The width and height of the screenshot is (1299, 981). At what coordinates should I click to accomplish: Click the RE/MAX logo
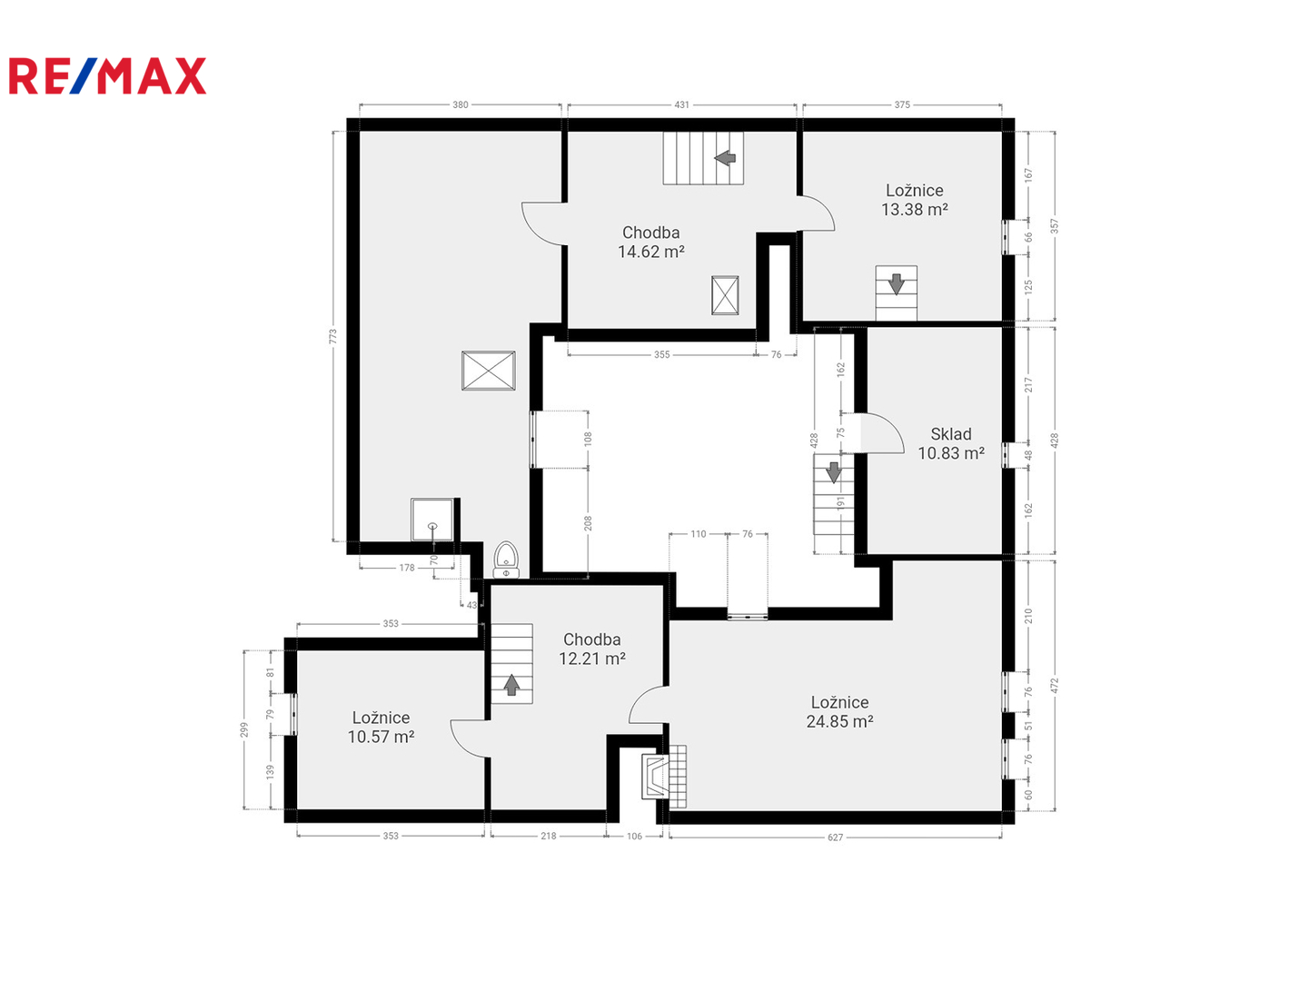pyautogui.click(x=107, y=75)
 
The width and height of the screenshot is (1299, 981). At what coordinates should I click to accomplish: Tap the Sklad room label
pyautogui.click(x=950, y=434)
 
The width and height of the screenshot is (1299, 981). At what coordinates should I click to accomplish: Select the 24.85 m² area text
pyautogui.click(x=839, y=721)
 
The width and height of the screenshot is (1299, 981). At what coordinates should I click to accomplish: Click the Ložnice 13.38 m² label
pyautogui.click(x=915, y=200)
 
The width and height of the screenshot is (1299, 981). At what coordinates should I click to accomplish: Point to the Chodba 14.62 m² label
pyautogui.click(x=651, y=242)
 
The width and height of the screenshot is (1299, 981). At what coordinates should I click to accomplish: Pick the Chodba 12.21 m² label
pyautogui.click(x=591, y=649)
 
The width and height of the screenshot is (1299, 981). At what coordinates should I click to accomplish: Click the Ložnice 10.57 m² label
pyautogui.click(x=381, y=728)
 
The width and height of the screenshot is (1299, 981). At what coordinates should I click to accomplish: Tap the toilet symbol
pyautogui.click(x=506, y=560)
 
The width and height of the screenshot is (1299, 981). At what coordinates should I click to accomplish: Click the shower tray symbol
pyautogui.click(x=432, y=520)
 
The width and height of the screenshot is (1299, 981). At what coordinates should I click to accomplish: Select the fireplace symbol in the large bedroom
pyautogui.click(x=655, y=777)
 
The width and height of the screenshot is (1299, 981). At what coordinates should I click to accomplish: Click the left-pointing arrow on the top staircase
pyautogui.click(x=725, y=158)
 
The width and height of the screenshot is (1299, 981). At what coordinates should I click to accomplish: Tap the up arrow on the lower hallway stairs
pyautogui.click(x=512, y=685)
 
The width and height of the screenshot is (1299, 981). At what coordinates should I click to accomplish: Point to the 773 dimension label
pyautogui.click(x=333, y=336)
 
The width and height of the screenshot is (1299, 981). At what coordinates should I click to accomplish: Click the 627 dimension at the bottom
pyautogui.click(x=835, y=837)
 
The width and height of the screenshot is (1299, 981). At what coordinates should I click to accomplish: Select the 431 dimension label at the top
pyautogui.click(x=682, y=104)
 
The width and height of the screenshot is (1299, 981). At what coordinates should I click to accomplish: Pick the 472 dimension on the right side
pyautogui.click(x=1054, y=686)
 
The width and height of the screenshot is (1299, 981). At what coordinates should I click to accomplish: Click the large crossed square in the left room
pyautogui.click(x=488, y=371)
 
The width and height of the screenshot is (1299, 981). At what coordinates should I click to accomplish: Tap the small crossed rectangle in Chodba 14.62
pyautogui.click(x=725, y=295)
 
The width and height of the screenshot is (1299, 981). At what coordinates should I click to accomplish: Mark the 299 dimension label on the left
pyautogui.click(x=243, y=729)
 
